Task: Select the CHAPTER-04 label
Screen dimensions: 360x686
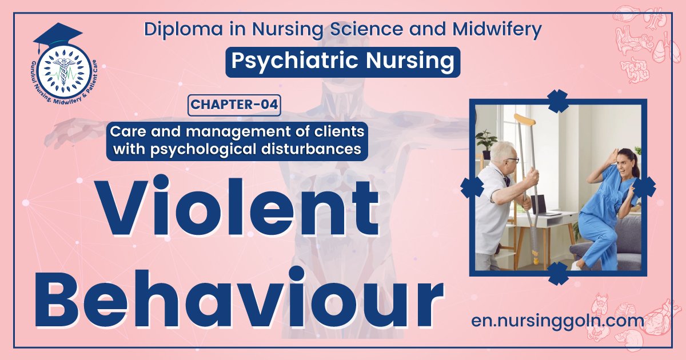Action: click(x=234, y=105)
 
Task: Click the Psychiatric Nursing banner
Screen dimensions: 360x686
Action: click(x=343, y=61)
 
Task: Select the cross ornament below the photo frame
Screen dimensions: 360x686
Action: click(x=557, y=274)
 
